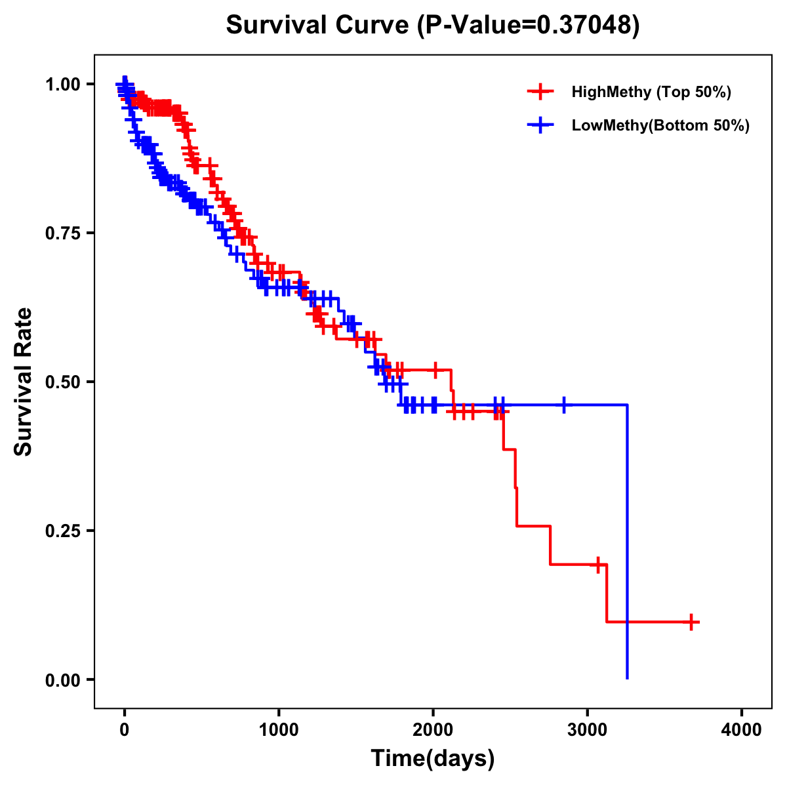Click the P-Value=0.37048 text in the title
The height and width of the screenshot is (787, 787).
tap(529, 26)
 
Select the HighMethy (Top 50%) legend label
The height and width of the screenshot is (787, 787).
tap(651, 92)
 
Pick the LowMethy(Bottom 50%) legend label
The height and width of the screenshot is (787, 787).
tap(660, 126)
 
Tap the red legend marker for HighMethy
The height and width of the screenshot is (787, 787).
tap(540, 92)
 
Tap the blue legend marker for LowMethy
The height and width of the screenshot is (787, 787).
tap(540, 126)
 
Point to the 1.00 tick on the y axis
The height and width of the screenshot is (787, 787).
tap(63, 85)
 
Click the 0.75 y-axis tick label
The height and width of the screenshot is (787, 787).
tap(63, 233)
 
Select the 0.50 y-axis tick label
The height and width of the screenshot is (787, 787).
tap(63, 382)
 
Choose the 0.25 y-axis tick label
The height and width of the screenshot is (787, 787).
tap(63, 531)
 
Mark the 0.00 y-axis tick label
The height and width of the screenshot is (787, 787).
tap(63, 680)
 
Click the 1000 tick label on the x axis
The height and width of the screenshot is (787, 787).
tap(279, 730)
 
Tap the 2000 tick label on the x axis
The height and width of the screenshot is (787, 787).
tap(433, 730)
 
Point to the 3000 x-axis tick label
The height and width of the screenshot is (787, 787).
tap(588, 730)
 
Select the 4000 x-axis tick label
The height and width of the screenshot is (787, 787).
tap(742, 730)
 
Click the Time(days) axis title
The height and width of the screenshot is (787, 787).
tap(433, 759)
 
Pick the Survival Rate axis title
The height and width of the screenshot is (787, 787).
tap(24, 381)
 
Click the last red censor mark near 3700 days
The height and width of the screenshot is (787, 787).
tap(691, 622)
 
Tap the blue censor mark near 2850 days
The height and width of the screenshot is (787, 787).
tap(563, 405)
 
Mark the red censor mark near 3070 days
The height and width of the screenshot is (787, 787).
tap(597, 564)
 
